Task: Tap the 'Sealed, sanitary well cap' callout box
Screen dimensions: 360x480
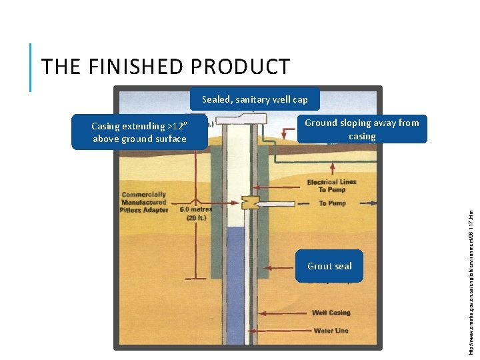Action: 255,99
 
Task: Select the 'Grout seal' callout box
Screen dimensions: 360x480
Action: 329,266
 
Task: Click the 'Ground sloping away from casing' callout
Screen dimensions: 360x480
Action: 362,129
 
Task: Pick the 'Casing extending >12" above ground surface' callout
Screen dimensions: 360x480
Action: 139,133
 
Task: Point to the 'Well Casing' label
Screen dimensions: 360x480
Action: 331,313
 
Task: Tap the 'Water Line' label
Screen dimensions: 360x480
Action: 331,331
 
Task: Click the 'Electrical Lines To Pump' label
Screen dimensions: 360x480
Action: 331,185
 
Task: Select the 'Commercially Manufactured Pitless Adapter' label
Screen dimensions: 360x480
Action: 143,202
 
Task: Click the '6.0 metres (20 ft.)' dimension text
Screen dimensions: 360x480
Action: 195,213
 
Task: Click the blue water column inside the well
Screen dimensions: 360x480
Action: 235,280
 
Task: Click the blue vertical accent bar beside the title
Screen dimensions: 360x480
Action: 31,67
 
